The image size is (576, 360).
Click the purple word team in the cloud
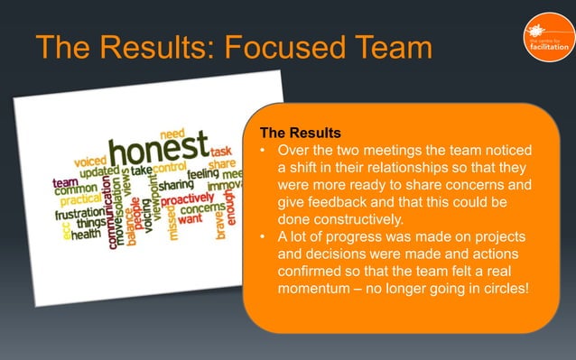pos(63,181)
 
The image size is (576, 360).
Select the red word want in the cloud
pos(190,218)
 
